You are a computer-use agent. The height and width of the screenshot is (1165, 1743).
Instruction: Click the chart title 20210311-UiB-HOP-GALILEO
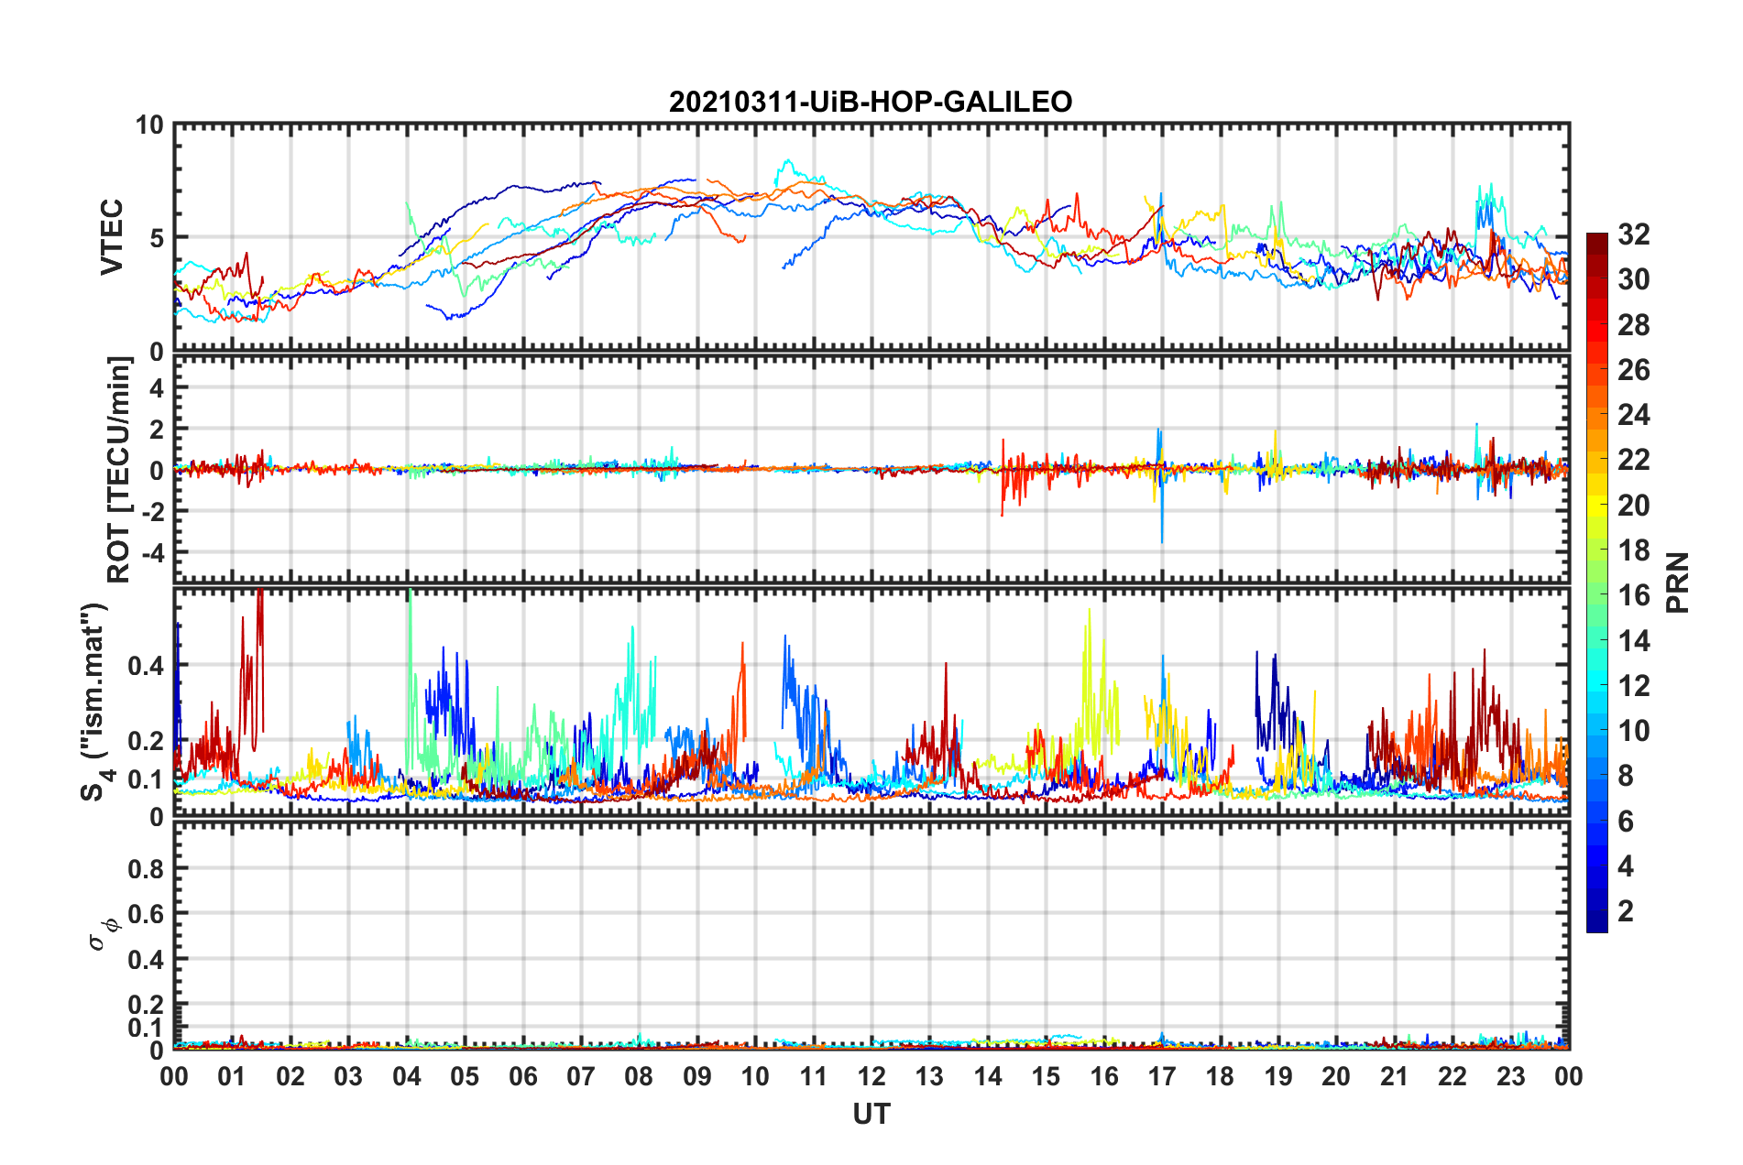(x=870, y=102)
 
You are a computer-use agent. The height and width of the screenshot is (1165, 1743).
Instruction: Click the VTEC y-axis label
(x=112, y=237)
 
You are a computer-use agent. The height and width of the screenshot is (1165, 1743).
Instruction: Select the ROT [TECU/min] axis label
(x=119, y=470)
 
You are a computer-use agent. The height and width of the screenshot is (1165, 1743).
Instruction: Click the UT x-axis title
(x=871, y=1114)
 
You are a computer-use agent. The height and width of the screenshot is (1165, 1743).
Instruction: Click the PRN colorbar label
(x=1678, y=582)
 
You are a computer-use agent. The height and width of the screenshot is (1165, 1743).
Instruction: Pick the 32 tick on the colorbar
(x=1633, y=234)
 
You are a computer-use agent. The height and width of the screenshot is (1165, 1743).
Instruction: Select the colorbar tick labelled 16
(x=1633, y=595)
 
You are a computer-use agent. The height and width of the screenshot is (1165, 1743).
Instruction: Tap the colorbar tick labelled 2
(x=1626, y=911)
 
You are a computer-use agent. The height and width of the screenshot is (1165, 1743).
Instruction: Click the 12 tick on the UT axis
(x=871, y=1076)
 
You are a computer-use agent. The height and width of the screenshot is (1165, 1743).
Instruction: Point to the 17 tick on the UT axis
(x=1162, y=1076)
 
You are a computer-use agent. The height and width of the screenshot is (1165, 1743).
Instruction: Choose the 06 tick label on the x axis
(x=523, y=1076)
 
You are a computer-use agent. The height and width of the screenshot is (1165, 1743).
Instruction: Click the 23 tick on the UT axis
(x=1511, y=1076)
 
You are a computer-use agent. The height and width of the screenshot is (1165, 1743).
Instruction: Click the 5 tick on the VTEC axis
(x=156, y=238)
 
